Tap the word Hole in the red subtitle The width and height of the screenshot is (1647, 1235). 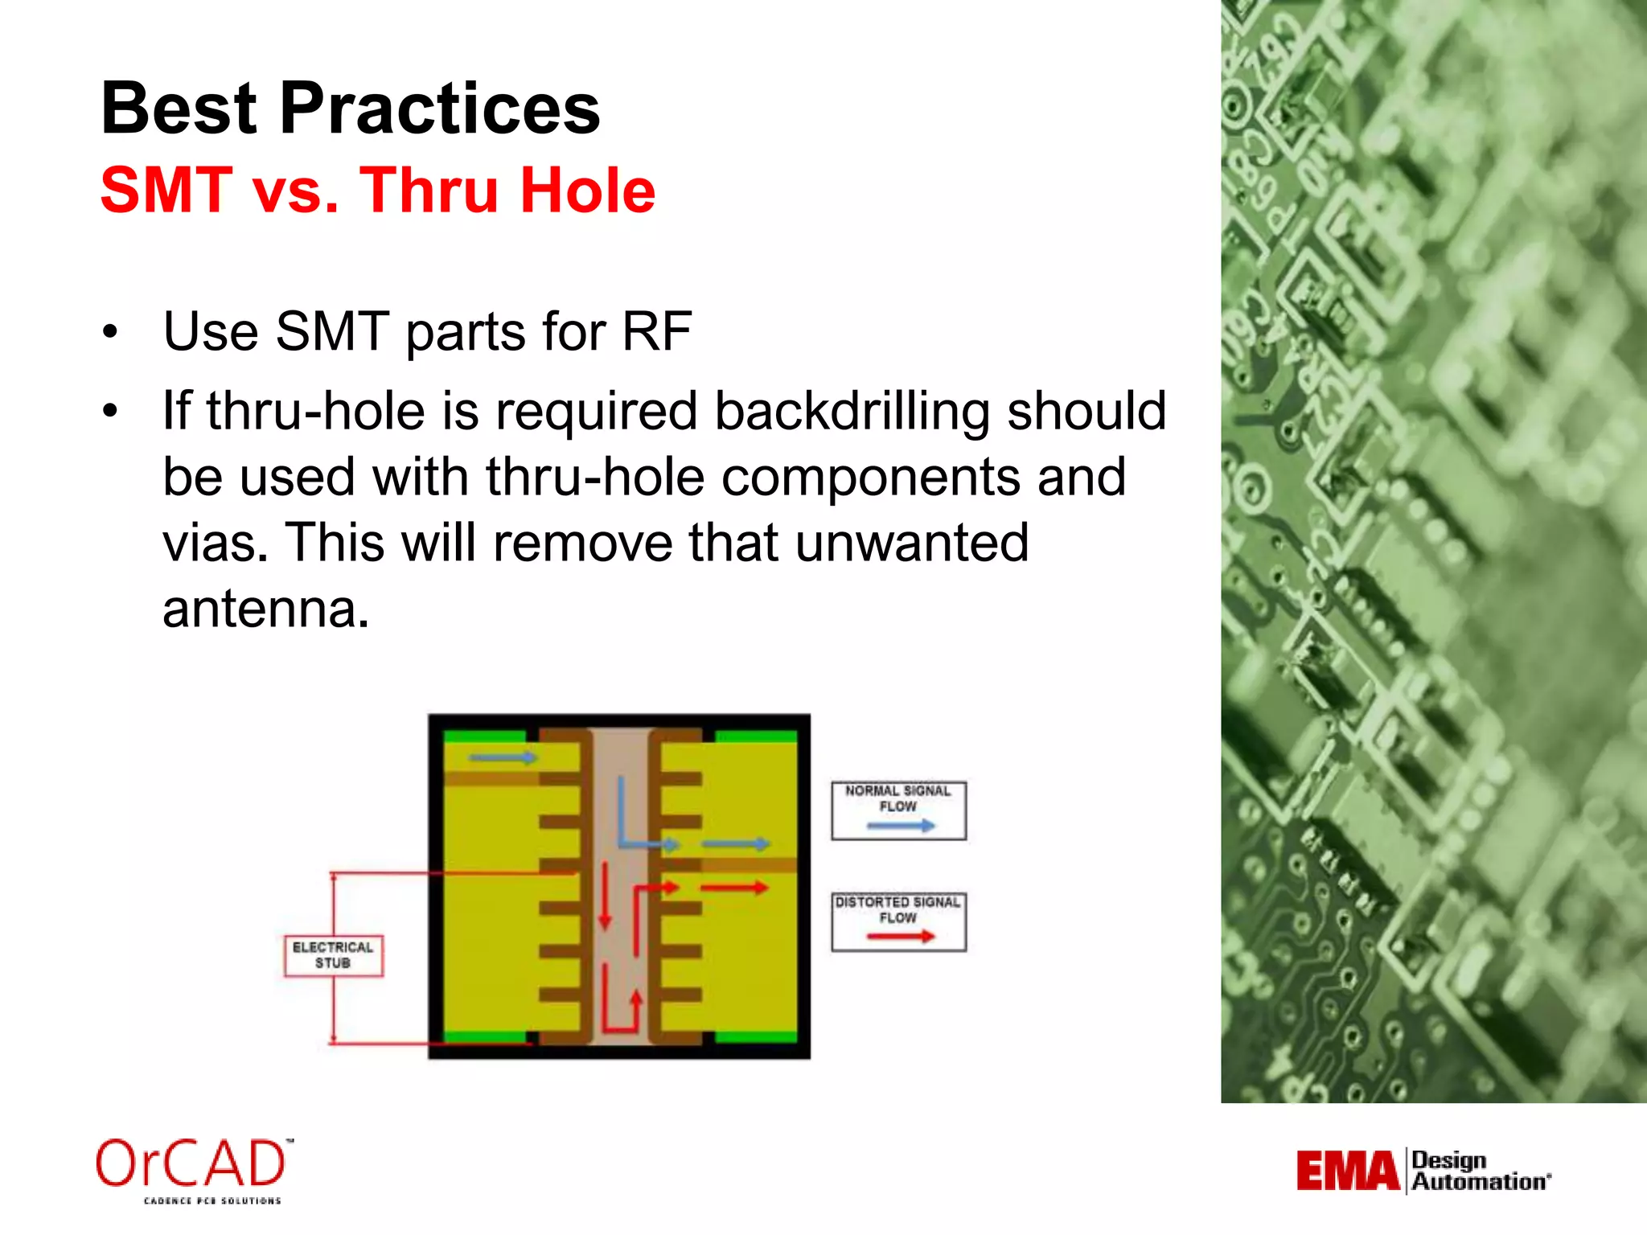pyautogui.click(x=588, y=191)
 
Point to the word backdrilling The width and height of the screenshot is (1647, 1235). pyautogui.click(x=852, y=412)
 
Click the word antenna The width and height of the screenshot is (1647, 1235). pyautogui.click(x=265, y=609)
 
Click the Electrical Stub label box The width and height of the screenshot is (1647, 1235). pyautogui.click(x=333, y=955)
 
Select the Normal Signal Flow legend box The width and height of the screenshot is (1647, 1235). pyautogui.click(x=898, y=810)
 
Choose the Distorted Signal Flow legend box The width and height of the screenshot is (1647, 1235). pyautogui.click(x=898, y=921)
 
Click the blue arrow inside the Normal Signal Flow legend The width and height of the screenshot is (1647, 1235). pyautogui.click(x=901, y=826)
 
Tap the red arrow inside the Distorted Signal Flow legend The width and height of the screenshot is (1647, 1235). pyautogui.click(x=901, y=937)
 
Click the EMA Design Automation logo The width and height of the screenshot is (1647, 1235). pyautogui.click(x=1423, y=1171)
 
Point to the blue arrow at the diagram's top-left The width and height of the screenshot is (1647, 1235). pyautogui.click(x=502, y=757)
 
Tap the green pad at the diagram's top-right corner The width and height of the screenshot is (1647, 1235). pyautogui.click(x=755, y=736)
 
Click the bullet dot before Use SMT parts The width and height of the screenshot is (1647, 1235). pyautogui.click(x=110, y=332)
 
